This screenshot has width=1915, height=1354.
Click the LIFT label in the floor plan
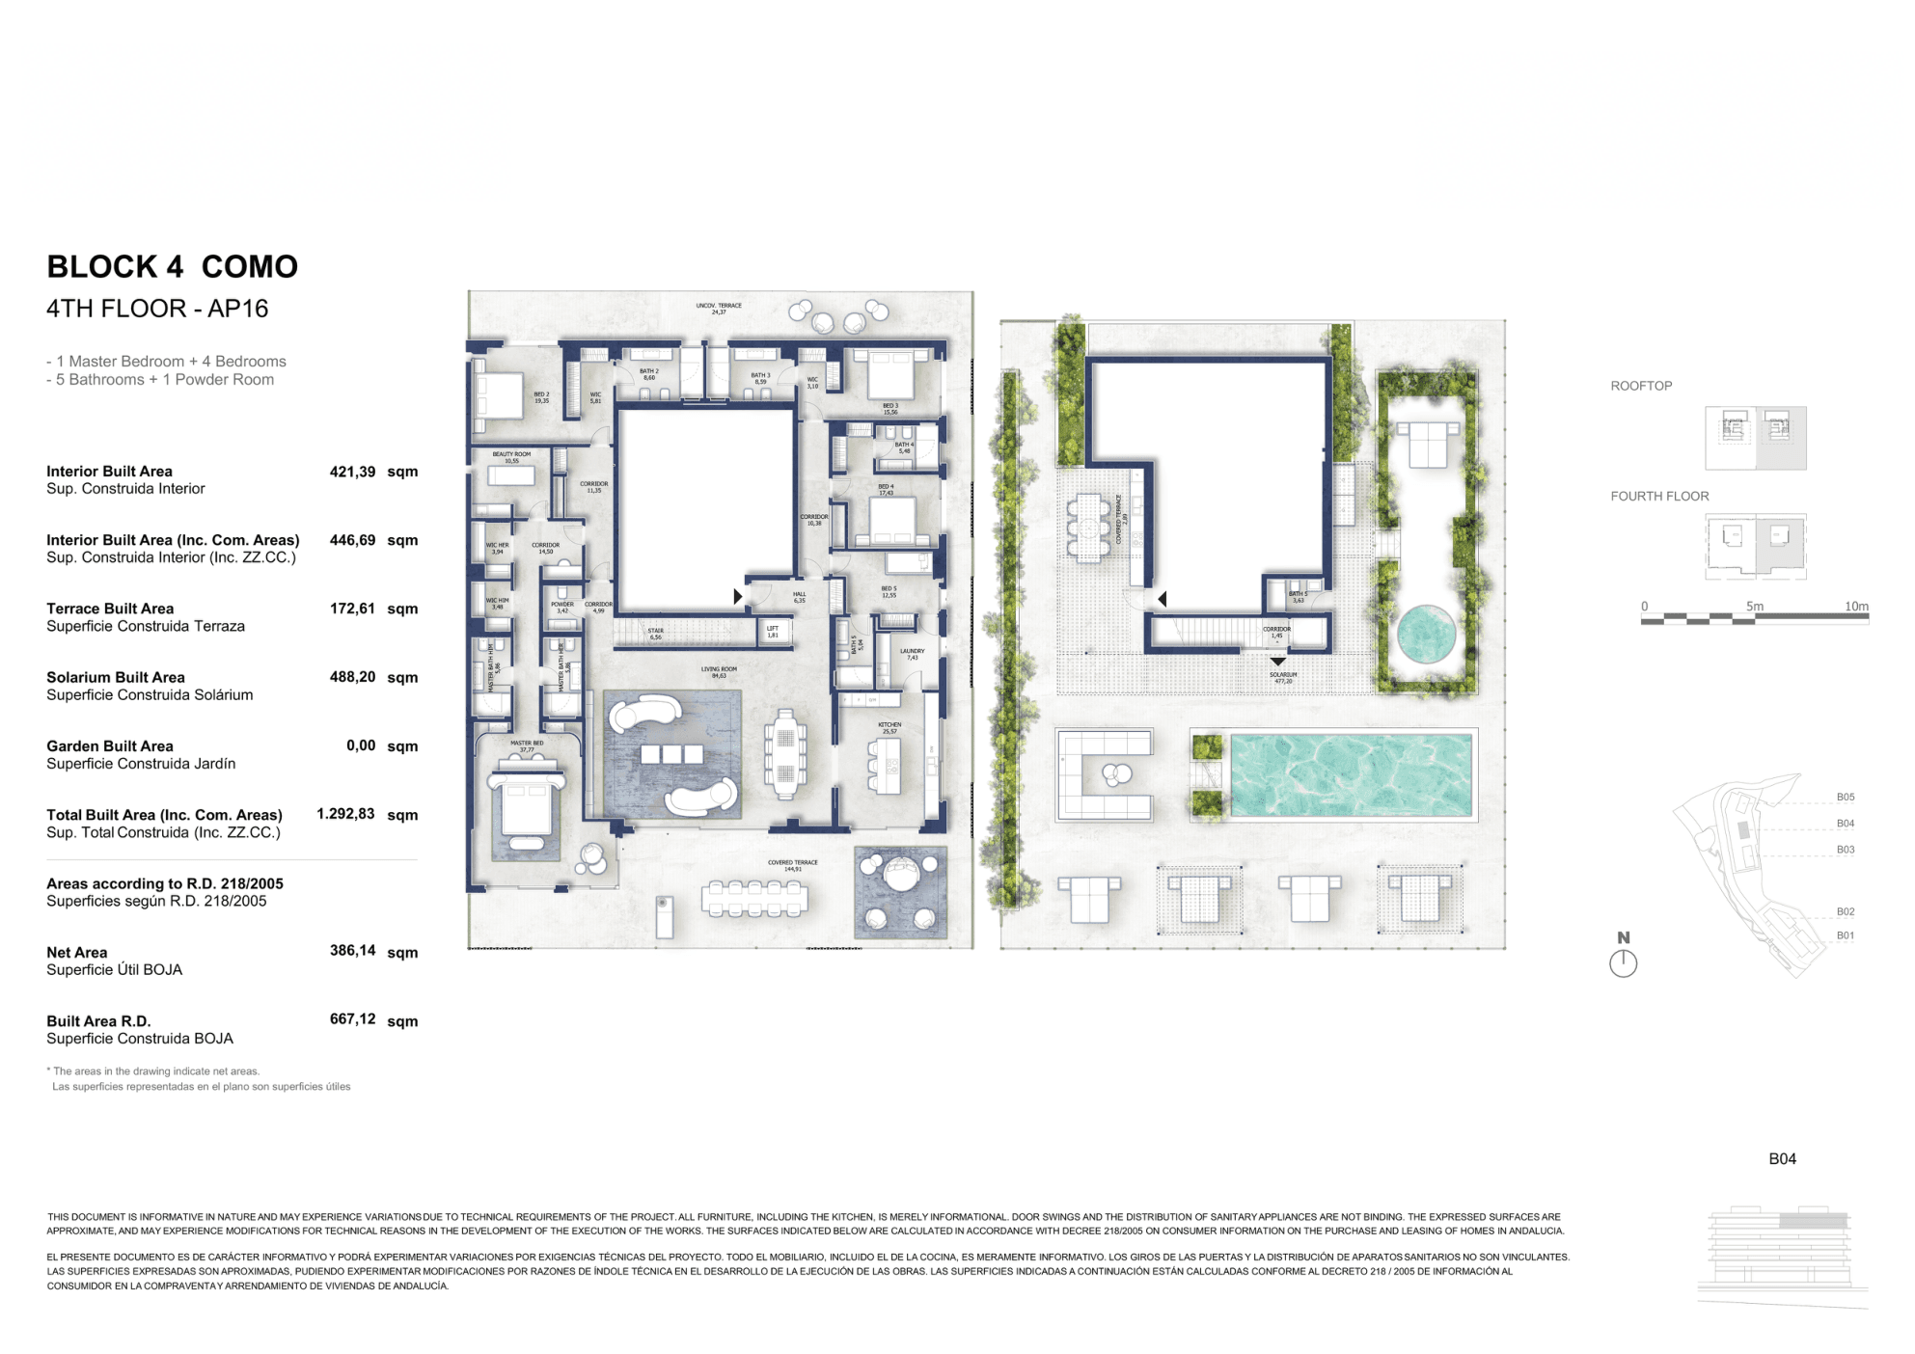click(773, 631)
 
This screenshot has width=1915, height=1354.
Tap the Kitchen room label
click(889, 727)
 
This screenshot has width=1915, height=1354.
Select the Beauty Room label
click(511, 457)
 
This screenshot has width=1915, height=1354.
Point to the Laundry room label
click(912, 654)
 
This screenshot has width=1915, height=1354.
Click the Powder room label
click(562, 608)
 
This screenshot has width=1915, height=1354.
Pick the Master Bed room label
click(527, 745)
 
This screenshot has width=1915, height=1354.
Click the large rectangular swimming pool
click(1352, 775)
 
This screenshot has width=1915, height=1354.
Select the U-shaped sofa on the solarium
click(1105, 774)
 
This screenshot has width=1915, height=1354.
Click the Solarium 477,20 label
click(1283, 678)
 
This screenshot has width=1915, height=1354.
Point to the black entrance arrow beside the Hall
click(738, 597)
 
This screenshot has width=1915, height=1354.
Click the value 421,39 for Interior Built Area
click(352, 472)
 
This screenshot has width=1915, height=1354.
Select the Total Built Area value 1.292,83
click(345, 814)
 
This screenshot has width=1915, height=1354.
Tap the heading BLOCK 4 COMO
click(173, 266)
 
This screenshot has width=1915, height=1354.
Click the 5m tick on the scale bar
click(1754, 608)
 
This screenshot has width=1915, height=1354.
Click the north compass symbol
click(1624, 962)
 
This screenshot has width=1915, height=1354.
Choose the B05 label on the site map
click(1845, 798)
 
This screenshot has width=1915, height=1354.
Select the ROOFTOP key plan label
click(1641, 386)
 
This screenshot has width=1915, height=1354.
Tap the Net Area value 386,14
click(352, 951)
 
